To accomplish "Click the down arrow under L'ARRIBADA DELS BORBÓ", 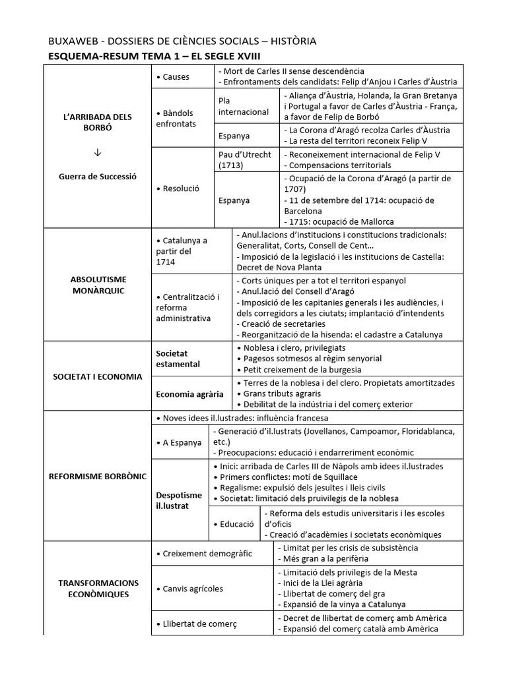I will coord(98,153).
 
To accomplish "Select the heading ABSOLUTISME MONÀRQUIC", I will coord(98,285).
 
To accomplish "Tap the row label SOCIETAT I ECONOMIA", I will coord(98,376).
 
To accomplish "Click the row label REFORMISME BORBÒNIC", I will coord(98,476).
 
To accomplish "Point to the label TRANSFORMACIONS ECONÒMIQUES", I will coord(98,588).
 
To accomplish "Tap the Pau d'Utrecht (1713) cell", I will coord(244,160).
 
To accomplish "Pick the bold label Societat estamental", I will coord(178,359).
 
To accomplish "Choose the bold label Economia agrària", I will coord(189,394).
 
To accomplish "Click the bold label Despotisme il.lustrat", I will coord(179,500).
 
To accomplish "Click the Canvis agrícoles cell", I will coord(193,588).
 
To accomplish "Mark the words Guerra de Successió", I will coord(98,177).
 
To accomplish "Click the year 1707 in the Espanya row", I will coord(296,189).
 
